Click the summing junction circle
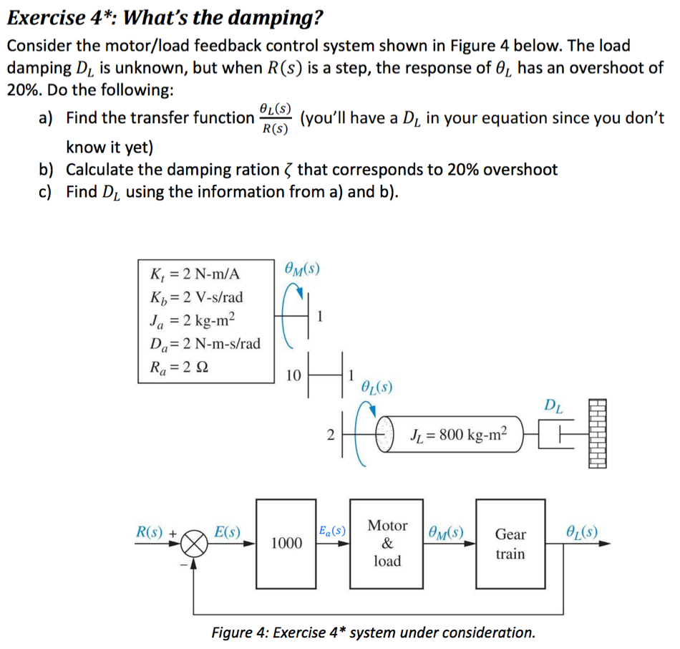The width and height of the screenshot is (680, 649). coord(196,544)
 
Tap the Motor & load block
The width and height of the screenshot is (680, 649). coord(387,542)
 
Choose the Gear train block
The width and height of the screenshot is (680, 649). coord(510,542)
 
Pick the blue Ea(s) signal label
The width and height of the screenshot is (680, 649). coord(332,532)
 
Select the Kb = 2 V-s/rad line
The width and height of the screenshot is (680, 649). coord(198,296)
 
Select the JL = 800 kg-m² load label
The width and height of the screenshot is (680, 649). coord(459,433)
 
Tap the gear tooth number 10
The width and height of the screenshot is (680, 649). coord(293,375)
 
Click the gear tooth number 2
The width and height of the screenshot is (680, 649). coord(329,434)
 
